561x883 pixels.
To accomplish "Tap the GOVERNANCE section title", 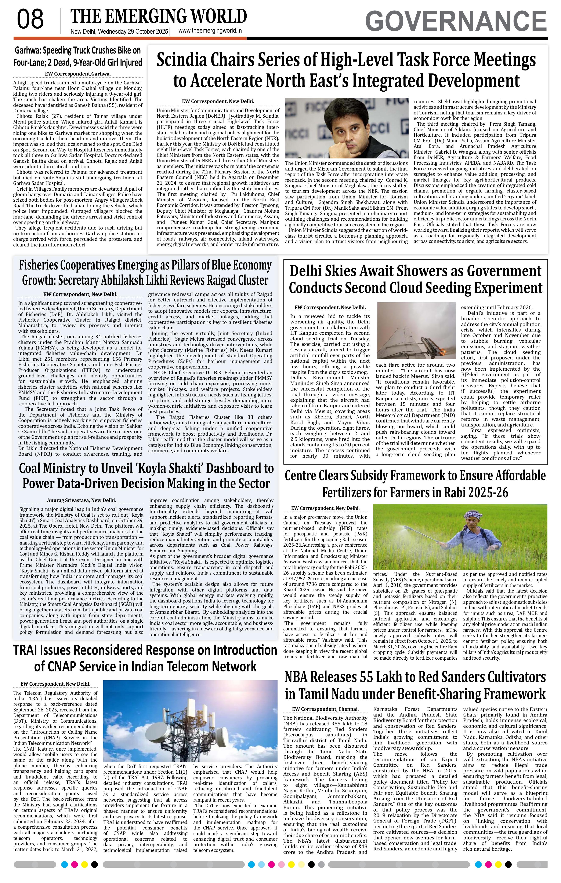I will pyautogui.click(x=456, y=21).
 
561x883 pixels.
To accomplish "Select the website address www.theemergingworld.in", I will pyautogui.click(x=210, y=31).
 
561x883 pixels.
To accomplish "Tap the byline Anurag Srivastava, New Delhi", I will pyautogui.click(x=82, y=500).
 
